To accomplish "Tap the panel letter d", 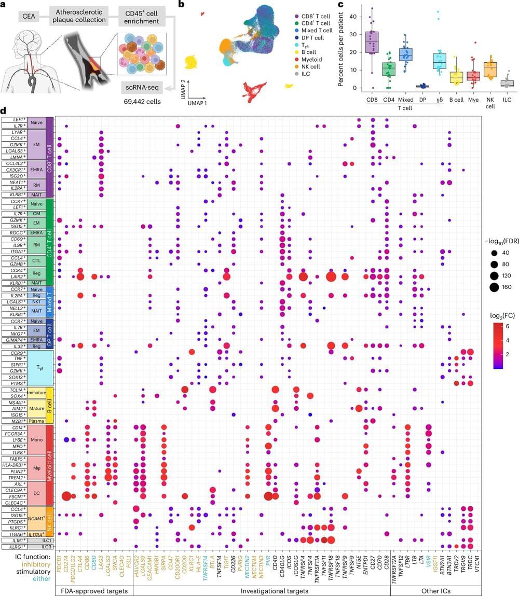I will tap(4, 112).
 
